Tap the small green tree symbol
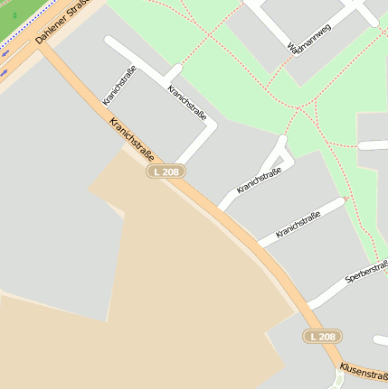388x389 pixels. (14, 15)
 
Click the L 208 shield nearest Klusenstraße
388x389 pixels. (322, 337)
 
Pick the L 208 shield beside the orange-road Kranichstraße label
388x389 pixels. (166, 171)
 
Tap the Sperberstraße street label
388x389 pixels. (366, 273)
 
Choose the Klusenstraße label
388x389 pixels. (363, 372)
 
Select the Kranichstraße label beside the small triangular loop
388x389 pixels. (260, 181)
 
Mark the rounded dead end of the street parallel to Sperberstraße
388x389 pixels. (341, 203)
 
